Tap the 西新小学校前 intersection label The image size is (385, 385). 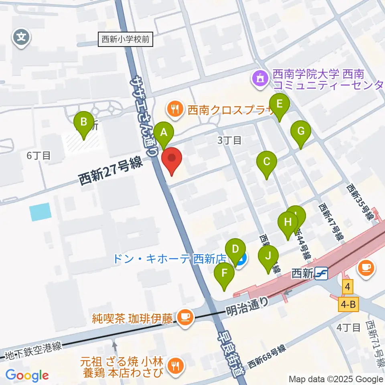[126, 40]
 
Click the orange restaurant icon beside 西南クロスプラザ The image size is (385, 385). [175, 109]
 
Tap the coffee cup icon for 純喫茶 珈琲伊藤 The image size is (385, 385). [184, 317]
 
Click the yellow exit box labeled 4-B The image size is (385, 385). [347, 305]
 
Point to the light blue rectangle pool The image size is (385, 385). [41, 212]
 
